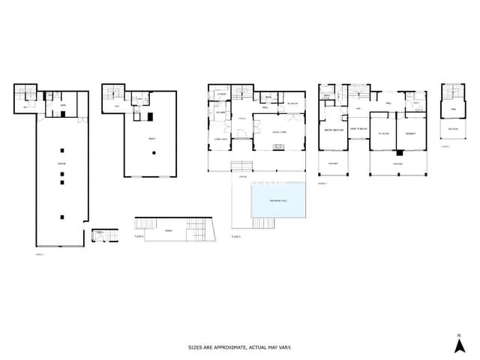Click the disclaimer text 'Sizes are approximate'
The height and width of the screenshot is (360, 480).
point(239,347)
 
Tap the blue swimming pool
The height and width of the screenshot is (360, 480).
point(277,200)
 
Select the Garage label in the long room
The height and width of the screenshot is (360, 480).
point(61,163)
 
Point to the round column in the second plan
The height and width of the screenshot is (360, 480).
point(154,152)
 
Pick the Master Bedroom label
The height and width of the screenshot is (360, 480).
point(333,130)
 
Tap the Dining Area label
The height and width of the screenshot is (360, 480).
point(221,139)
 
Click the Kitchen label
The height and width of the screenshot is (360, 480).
point(221,113)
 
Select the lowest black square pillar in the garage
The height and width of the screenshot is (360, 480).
point(62,217)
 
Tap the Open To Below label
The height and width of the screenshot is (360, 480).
point(358,130)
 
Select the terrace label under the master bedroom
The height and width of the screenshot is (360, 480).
point(333,163)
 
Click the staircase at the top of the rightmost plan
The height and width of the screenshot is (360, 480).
point(453,94)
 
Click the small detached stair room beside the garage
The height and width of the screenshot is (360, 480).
point(101,235)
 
